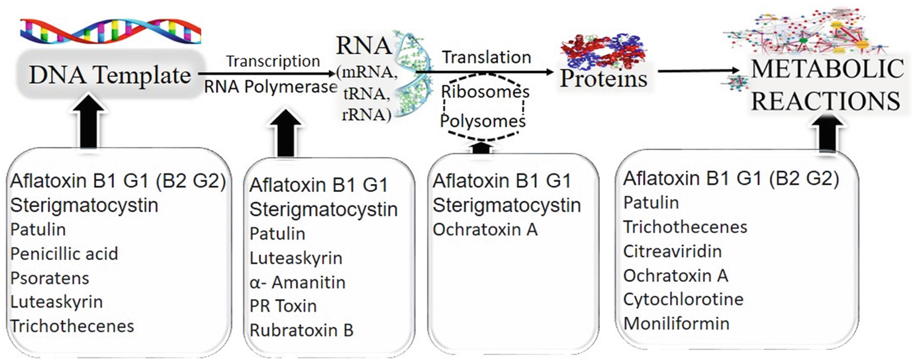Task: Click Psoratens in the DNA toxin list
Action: tap(50, 278)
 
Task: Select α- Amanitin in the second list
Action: tap(297, 283)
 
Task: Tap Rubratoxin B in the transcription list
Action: tap(301, 330)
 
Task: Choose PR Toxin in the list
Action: tap(283, 306)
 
